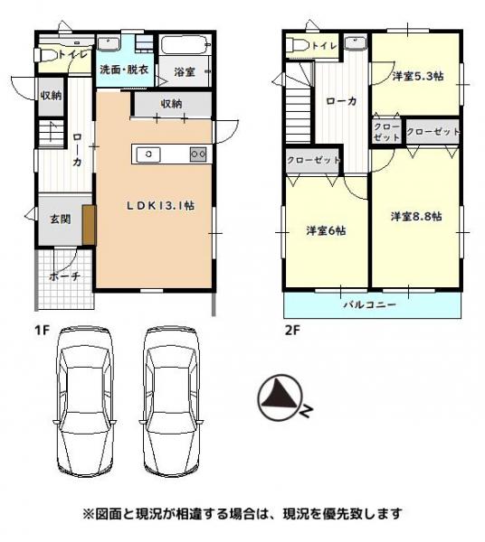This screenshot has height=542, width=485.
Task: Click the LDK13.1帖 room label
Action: click(160, 206)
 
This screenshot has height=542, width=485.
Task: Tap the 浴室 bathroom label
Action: click(185, 72)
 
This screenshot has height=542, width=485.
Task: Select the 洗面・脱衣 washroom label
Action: click(124, 70)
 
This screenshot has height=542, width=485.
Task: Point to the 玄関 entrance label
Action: click(61, 219)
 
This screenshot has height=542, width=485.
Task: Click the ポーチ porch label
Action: click(65, 276)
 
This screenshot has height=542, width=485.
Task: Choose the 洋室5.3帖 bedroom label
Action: click(418, 76)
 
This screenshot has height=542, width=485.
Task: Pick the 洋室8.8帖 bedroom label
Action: click(416, 217)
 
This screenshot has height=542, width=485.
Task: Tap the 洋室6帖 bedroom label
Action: click(326, 230)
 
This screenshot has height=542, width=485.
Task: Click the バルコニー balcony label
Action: click(370, 305)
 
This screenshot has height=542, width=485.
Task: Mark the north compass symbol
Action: click(281, 397)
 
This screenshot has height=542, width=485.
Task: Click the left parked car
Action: click(84, 402)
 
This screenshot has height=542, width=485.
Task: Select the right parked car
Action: click(172, 402)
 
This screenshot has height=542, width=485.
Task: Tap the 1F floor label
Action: click(42, 331)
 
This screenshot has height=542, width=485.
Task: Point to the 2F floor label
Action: click(292, 331)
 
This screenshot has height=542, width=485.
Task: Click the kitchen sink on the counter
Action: click(148, 154)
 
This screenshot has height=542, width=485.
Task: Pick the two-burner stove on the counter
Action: click(198, 154)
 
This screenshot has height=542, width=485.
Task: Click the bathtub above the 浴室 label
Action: click(185, 45)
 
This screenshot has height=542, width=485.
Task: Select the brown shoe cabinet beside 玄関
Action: click(89, 225)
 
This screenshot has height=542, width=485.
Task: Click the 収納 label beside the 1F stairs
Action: click(52, 96)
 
